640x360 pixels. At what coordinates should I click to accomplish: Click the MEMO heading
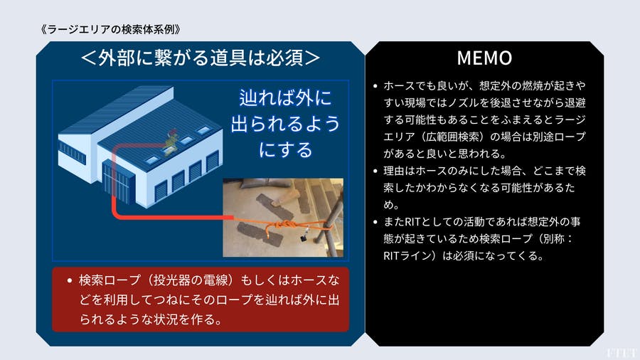coord(484,58)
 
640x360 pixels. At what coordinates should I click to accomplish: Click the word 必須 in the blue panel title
coord(284,58)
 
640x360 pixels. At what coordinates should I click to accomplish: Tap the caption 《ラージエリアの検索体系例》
coord(111,29)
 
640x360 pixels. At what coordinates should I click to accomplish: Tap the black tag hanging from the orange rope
coord(304,237)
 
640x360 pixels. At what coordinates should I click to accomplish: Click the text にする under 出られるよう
coord(286,150)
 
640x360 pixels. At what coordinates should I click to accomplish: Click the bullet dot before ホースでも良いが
coord(375,86)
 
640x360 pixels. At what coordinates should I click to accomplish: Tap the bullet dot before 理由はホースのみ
coord(375,171)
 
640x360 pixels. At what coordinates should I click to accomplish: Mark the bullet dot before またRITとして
coord(375,222)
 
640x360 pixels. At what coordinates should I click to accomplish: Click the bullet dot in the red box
coord(70,280)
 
